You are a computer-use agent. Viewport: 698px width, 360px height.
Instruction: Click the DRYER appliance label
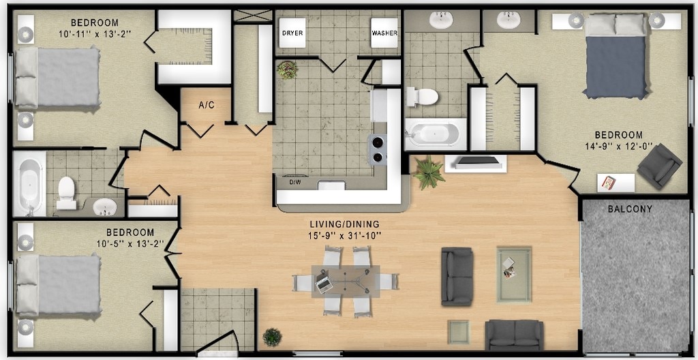coord(293,33)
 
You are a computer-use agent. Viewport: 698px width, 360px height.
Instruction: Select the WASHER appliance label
coord(384,33)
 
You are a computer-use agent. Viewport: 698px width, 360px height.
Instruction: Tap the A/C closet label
coord(207,105)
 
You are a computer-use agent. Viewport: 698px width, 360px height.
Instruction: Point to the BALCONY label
coord(630,209)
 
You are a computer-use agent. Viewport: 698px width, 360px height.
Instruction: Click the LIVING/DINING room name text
coord(344,224)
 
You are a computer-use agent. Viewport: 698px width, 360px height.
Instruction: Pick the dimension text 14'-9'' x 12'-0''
coord(618,146)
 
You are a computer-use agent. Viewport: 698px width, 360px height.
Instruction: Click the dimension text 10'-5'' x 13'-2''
coord(130,243)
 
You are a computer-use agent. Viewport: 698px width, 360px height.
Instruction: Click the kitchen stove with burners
coord(377,150)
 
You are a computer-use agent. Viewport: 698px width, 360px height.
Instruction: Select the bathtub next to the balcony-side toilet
coord(436,134)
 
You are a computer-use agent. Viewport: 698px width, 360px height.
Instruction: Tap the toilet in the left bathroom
coord(67,193)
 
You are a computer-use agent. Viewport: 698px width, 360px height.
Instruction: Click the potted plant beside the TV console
coord(428,172)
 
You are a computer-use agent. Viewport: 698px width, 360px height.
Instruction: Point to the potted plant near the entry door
coord(272,336)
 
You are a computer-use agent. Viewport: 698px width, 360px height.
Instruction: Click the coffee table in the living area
coord(514,275)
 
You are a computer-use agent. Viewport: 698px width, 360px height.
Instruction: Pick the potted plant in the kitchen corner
coord(288,70)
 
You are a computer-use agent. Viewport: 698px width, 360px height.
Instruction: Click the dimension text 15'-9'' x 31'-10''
coord(344,235)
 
